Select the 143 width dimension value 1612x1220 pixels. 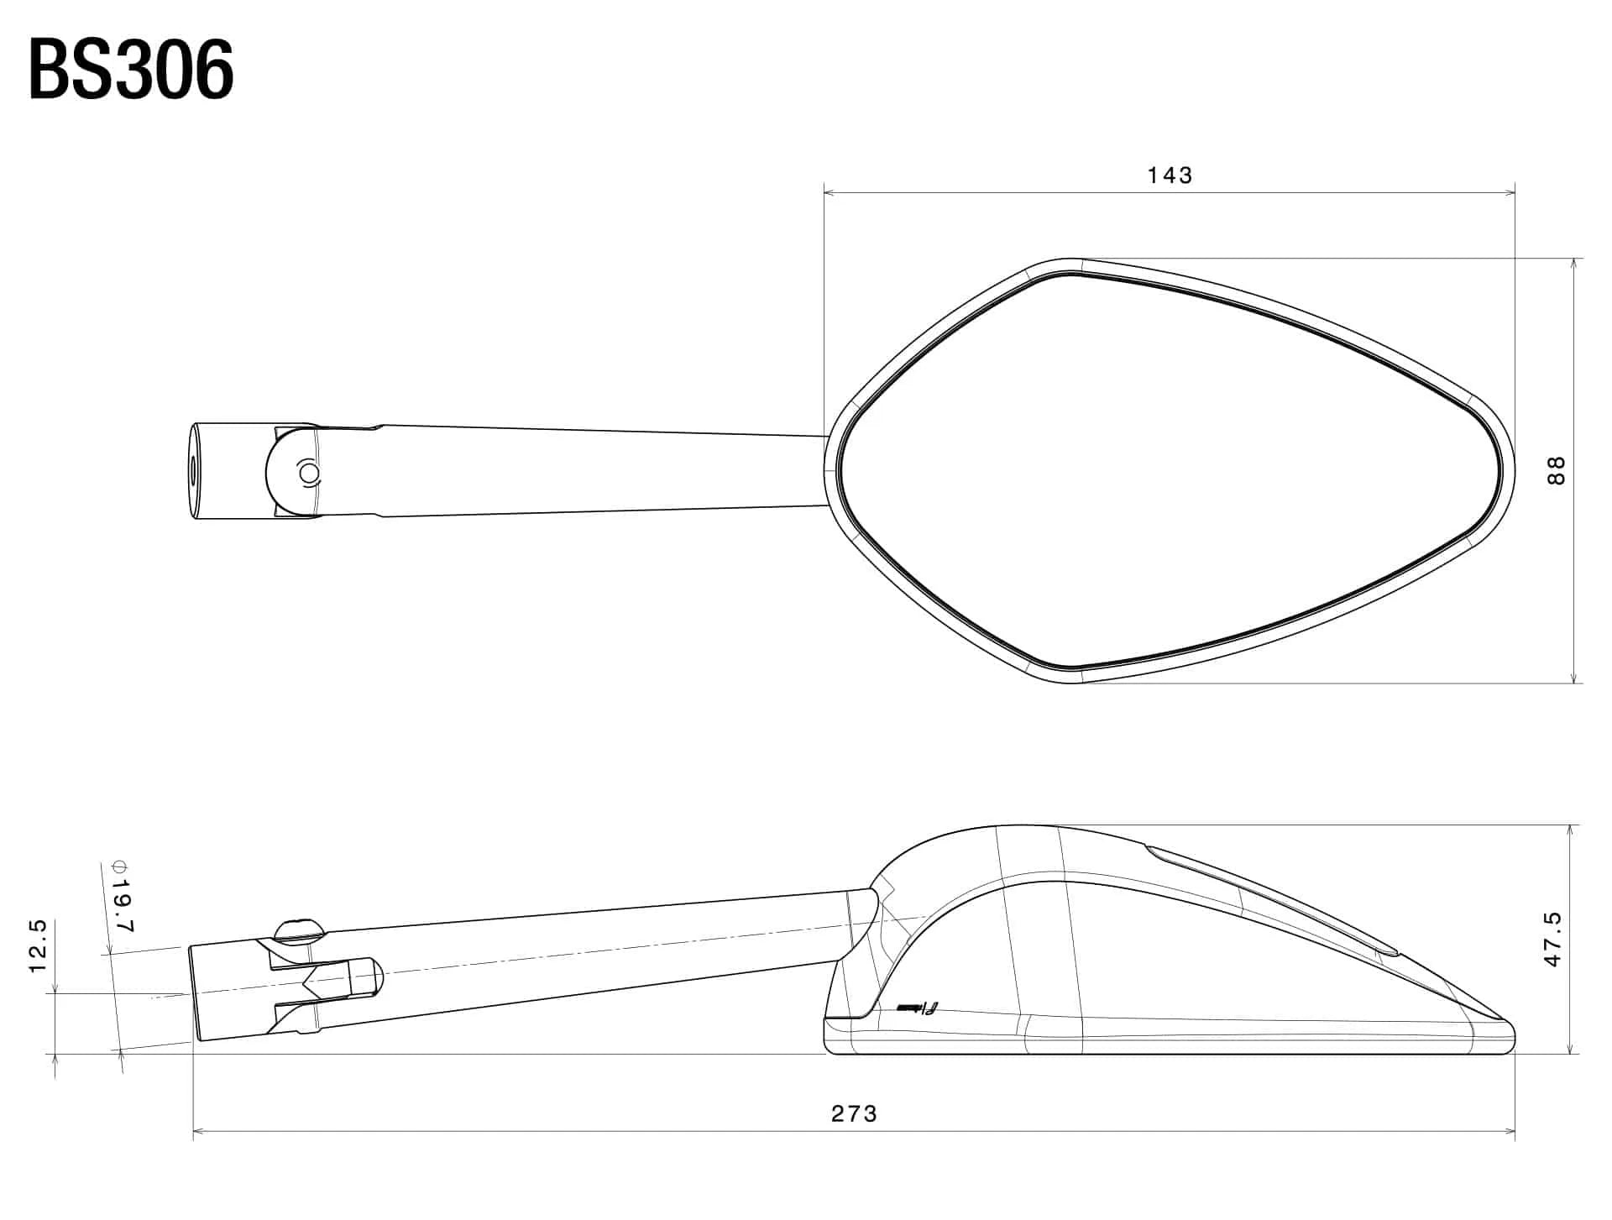[1170, 175]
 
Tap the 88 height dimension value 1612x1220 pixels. [1556, 470]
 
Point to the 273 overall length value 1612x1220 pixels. [854, 1114]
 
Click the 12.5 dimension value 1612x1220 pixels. [38, 946]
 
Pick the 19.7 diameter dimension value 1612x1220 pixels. [123, 907]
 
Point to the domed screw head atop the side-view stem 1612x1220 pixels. [299, 928]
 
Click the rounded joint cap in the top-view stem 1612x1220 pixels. [290, 472]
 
